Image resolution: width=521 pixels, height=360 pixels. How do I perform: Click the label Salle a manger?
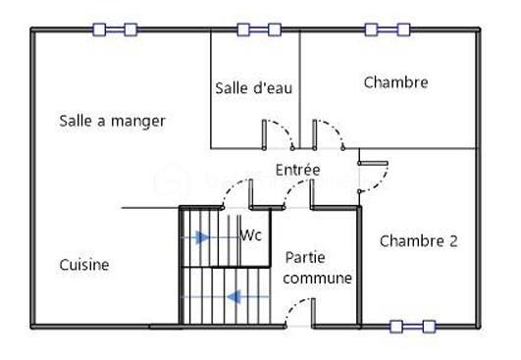pyautogui.click(x=112, y=121)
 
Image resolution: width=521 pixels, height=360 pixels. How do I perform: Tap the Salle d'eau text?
pyautogui.click(x=253, y=87)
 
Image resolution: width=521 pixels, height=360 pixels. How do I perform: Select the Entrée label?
pyautogui.click(x=297, y=170)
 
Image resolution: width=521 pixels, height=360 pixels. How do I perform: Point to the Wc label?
pyautogui.click(x=250, y=235)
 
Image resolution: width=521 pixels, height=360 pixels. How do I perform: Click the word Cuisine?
pyautogui.click(x=84, y=265)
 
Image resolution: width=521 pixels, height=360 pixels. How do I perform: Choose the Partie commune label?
pyautogui.click(x=318, y=267)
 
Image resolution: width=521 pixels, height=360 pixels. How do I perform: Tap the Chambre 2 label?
pyautogui.click(x=418, y=240)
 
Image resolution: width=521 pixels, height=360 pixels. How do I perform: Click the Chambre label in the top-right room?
pyautogui.click(x=395, y=82)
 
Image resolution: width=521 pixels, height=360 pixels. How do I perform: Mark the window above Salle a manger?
pyautogui.click(x=115, y=29)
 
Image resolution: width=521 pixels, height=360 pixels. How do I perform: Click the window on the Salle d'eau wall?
pyautogui.click(x=260, y=29)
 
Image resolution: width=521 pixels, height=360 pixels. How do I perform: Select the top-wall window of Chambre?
pyautogui.click(x=388, y=29)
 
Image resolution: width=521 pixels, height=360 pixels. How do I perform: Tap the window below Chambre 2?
pyautogui.click(x=412, y=326)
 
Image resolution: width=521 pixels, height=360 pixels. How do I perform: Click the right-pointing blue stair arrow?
pyautogui.click(x=201, y=237)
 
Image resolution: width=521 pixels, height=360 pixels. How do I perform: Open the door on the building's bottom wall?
pyautogui.click(x=297, y=314)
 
